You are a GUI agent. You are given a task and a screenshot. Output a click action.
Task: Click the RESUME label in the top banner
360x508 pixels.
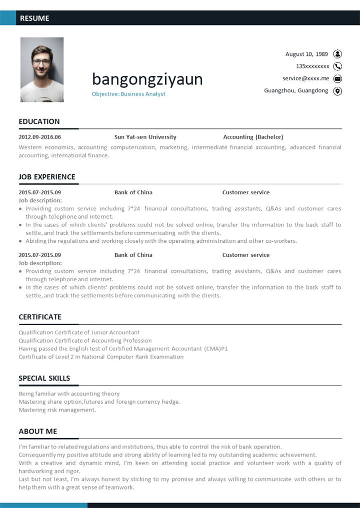click(34, 18)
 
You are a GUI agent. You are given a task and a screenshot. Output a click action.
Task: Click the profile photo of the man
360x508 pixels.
click(42, 69)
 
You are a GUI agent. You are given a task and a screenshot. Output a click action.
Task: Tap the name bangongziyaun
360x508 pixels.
click(147, 79)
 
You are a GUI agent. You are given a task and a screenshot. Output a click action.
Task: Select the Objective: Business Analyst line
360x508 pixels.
click(128, 94)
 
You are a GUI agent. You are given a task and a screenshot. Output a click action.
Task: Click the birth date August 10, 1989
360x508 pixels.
click(306, 54)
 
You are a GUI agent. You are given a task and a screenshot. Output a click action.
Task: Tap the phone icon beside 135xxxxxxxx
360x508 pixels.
click(337, 66)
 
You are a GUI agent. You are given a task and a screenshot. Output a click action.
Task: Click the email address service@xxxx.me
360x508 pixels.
click(305, 78)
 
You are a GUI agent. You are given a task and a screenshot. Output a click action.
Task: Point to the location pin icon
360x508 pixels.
click(337, 91)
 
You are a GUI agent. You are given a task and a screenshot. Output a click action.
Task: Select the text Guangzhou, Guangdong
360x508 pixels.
click(296, 90)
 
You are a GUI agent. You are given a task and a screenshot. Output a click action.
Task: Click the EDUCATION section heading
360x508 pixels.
click(39, 121)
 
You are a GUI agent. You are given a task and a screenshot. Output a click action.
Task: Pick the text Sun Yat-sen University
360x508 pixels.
click(145, 137)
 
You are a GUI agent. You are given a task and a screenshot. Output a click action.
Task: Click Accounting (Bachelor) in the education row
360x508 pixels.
click(253, 137)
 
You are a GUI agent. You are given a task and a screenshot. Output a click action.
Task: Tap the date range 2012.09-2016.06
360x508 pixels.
click(39, 137)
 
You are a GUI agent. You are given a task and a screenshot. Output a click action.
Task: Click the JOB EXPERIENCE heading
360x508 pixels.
click(47, 177)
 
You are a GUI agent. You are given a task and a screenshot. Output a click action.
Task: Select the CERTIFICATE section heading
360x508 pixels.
click(40, 317)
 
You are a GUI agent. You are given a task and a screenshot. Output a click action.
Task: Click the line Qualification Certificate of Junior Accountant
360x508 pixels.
click(79, 332)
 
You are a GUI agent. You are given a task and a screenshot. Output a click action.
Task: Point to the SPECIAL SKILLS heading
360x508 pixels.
click(44, 378)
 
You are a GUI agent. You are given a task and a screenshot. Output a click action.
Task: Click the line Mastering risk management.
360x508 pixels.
click(57, 410)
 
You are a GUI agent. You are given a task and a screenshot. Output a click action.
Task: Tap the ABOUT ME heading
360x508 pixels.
click(38, 431)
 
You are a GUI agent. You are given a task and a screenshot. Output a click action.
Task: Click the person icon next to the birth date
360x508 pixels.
click(337, 54)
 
